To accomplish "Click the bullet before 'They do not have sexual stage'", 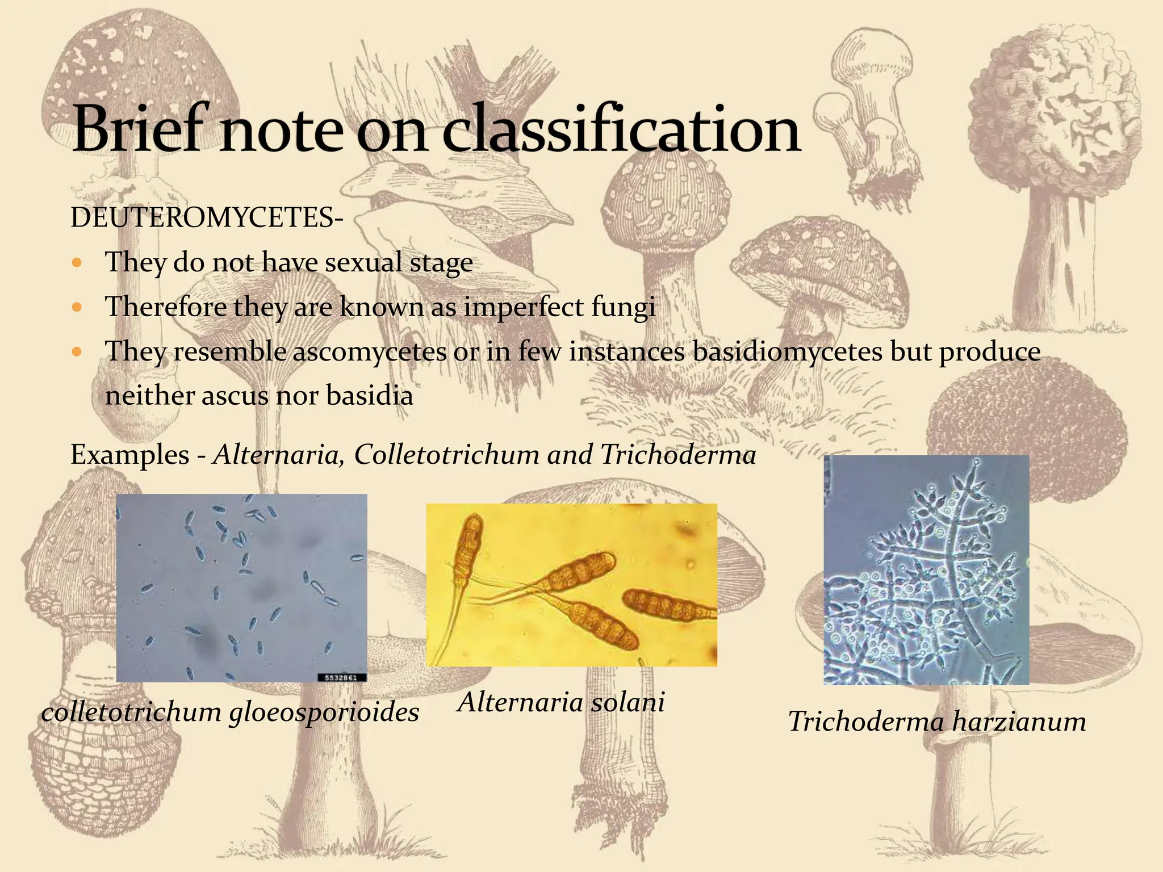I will coord(78,263).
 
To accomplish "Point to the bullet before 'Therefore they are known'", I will coord(78,308).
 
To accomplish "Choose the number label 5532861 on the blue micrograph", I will coord(341,677).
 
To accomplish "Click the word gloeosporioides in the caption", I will coord(324,712).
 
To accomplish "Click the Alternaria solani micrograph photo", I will coord(571,585).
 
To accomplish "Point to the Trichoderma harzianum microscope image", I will coord(926,569).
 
